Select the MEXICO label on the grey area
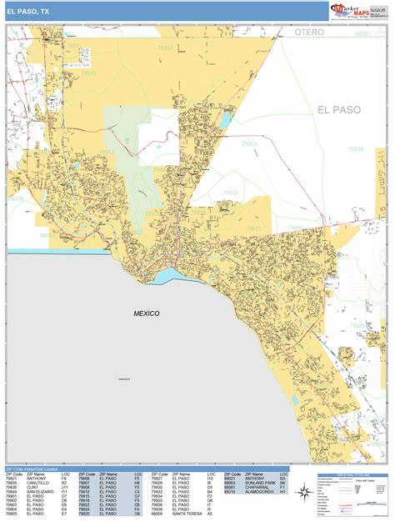coord(146,313)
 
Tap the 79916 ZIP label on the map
coord(229,192)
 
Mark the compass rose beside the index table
coord(305,489)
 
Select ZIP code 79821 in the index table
coord(12,479)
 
